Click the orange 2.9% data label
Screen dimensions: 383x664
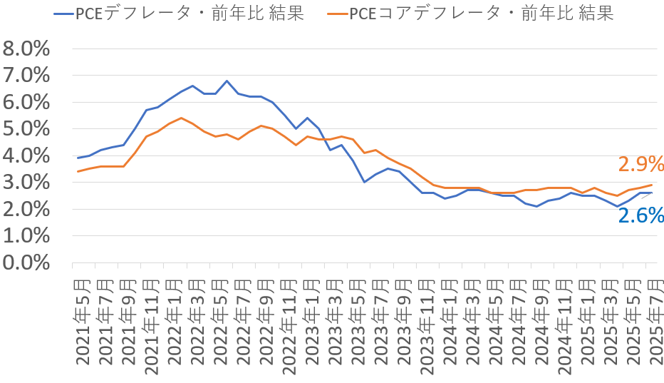(640, 165)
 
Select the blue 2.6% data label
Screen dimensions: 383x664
(640, 214)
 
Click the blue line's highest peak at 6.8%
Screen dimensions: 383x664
(227, 81)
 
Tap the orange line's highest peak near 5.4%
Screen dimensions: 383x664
(181, 118)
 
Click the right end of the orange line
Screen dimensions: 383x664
(651, 185)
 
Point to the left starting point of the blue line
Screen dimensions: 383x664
(78, 158)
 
